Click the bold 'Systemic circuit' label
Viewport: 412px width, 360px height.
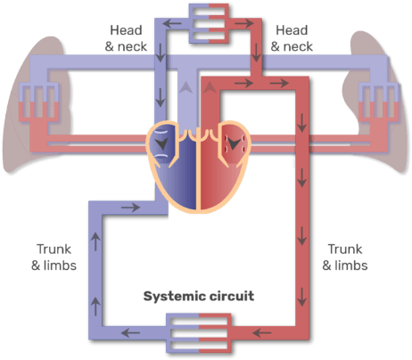click(x=199, y=296)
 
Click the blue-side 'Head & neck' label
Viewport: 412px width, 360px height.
click(x=126, y=38)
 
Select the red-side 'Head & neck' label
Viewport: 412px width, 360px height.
click(x=292, y=38)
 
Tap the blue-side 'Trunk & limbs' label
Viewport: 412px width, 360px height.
click(x=54, y=258)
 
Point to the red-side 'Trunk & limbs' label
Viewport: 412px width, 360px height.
click(x=345, y=258)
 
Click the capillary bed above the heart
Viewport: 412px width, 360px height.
click(x=209, y=23)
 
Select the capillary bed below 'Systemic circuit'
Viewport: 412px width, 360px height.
click(x=199, y=333)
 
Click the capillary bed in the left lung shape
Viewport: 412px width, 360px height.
click(x=38, y=102)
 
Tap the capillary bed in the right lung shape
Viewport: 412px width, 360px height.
click(x=378, y=102)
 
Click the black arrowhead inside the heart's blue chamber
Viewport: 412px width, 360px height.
click(x=162, y=143)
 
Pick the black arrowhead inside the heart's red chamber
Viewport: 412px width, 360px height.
click(x=234, y=143)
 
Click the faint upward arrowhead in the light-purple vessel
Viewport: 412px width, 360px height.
click(x=186, y=87)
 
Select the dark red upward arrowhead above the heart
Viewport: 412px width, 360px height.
click(x=210, y=87)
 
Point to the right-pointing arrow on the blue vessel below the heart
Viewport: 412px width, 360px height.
click(x=130, y=207)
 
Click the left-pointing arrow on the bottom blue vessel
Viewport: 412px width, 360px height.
click(x=130, y=332)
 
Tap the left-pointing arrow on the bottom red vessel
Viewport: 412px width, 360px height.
click(x=262, y=332)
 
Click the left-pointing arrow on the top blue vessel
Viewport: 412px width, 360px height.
click(x=172, y=23)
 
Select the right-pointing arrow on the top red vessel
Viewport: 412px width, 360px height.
click(x=244, y=23)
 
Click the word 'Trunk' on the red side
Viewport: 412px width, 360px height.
click(x=345, y=250)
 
